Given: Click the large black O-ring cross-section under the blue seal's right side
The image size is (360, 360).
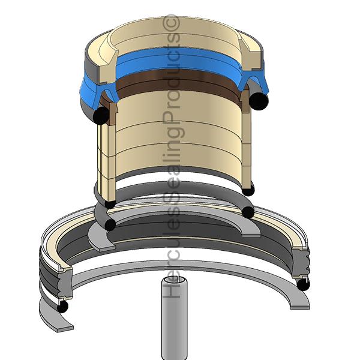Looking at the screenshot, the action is click(x=259, y=101).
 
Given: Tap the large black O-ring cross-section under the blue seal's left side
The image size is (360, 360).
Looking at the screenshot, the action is click(x=101, y=116).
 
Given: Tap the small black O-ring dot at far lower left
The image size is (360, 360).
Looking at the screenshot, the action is click(x=62, y=307).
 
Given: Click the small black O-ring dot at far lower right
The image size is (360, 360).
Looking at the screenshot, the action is click(x=303, y=284).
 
